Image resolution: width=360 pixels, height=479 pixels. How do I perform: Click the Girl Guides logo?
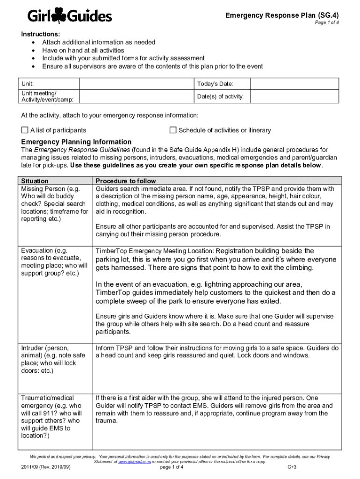[x=69, y=17]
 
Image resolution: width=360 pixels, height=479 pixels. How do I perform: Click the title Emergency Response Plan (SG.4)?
[x=281, y=15]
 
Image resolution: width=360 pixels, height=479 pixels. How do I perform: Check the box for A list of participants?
[x=25, y=130]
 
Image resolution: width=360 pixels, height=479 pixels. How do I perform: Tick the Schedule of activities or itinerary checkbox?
[x=173, y=130]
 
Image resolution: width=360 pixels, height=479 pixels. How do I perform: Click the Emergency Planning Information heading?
[x=76, y=142]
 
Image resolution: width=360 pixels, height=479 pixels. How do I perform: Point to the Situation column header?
[x=35, y=181]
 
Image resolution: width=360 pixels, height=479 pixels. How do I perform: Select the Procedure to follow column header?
[x=125, y=181]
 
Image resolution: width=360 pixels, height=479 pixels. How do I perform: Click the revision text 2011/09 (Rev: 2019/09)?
[x=46, y=467]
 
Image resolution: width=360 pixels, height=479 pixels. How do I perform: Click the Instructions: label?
[x=40, y=34]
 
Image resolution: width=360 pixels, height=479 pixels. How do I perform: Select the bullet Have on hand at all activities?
[x=83, y=50]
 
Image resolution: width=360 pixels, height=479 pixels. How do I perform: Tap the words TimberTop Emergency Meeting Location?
[x=155, y=251]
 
